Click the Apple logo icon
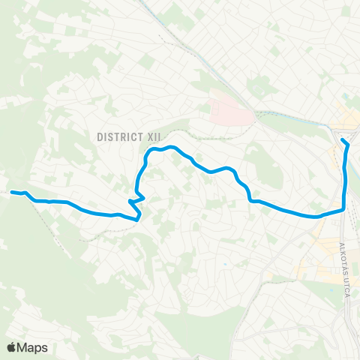pyautogui.click(x=11, y=347)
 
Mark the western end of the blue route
pyautogui.click(x=11, y=192)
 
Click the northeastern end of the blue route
pyautogui.click(x=343, y=140)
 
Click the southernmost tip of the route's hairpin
pyautogui.click(x=138, y=219)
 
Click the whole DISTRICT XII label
pyautogui.click(x=130, y=136)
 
